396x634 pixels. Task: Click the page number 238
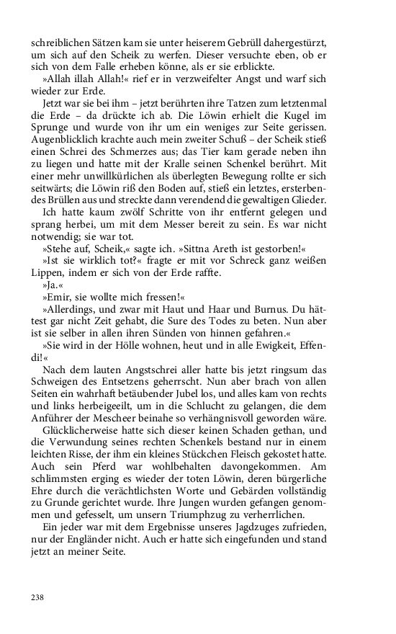[x=38, y=597]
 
